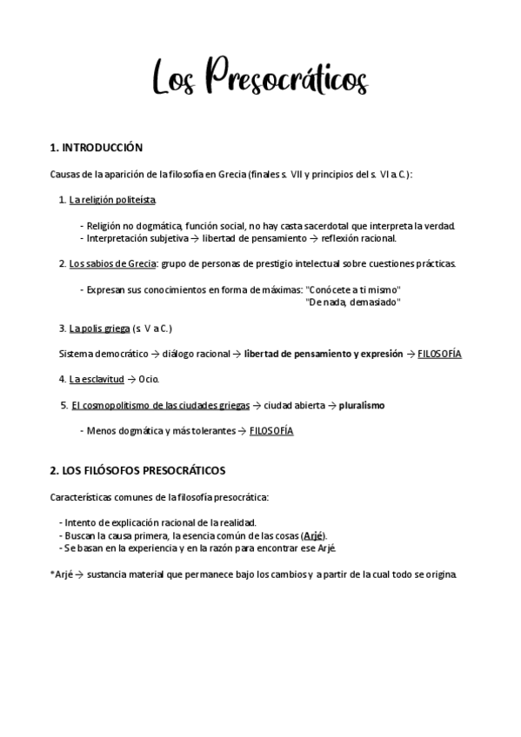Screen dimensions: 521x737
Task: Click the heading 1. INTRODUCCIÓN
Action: (97, 148)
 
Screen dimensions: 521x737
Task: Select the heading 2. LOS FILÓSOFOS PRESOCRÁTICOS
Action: (137, 470)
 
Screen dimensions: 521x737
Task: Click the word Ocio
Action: (149, 379)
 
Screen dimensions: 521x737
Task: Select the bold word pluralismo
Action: (362, 405)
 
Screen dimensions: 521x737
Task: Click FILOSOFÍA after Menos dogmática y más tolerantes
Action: (271, 430)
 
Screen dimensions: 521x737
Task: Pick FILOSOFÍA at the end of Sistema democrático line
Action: (439, 354)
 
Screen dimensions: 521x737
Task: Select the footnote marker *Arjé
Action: (62, 574)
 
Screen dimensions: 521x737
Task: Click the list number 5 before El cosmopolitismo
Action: (63, 405)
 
